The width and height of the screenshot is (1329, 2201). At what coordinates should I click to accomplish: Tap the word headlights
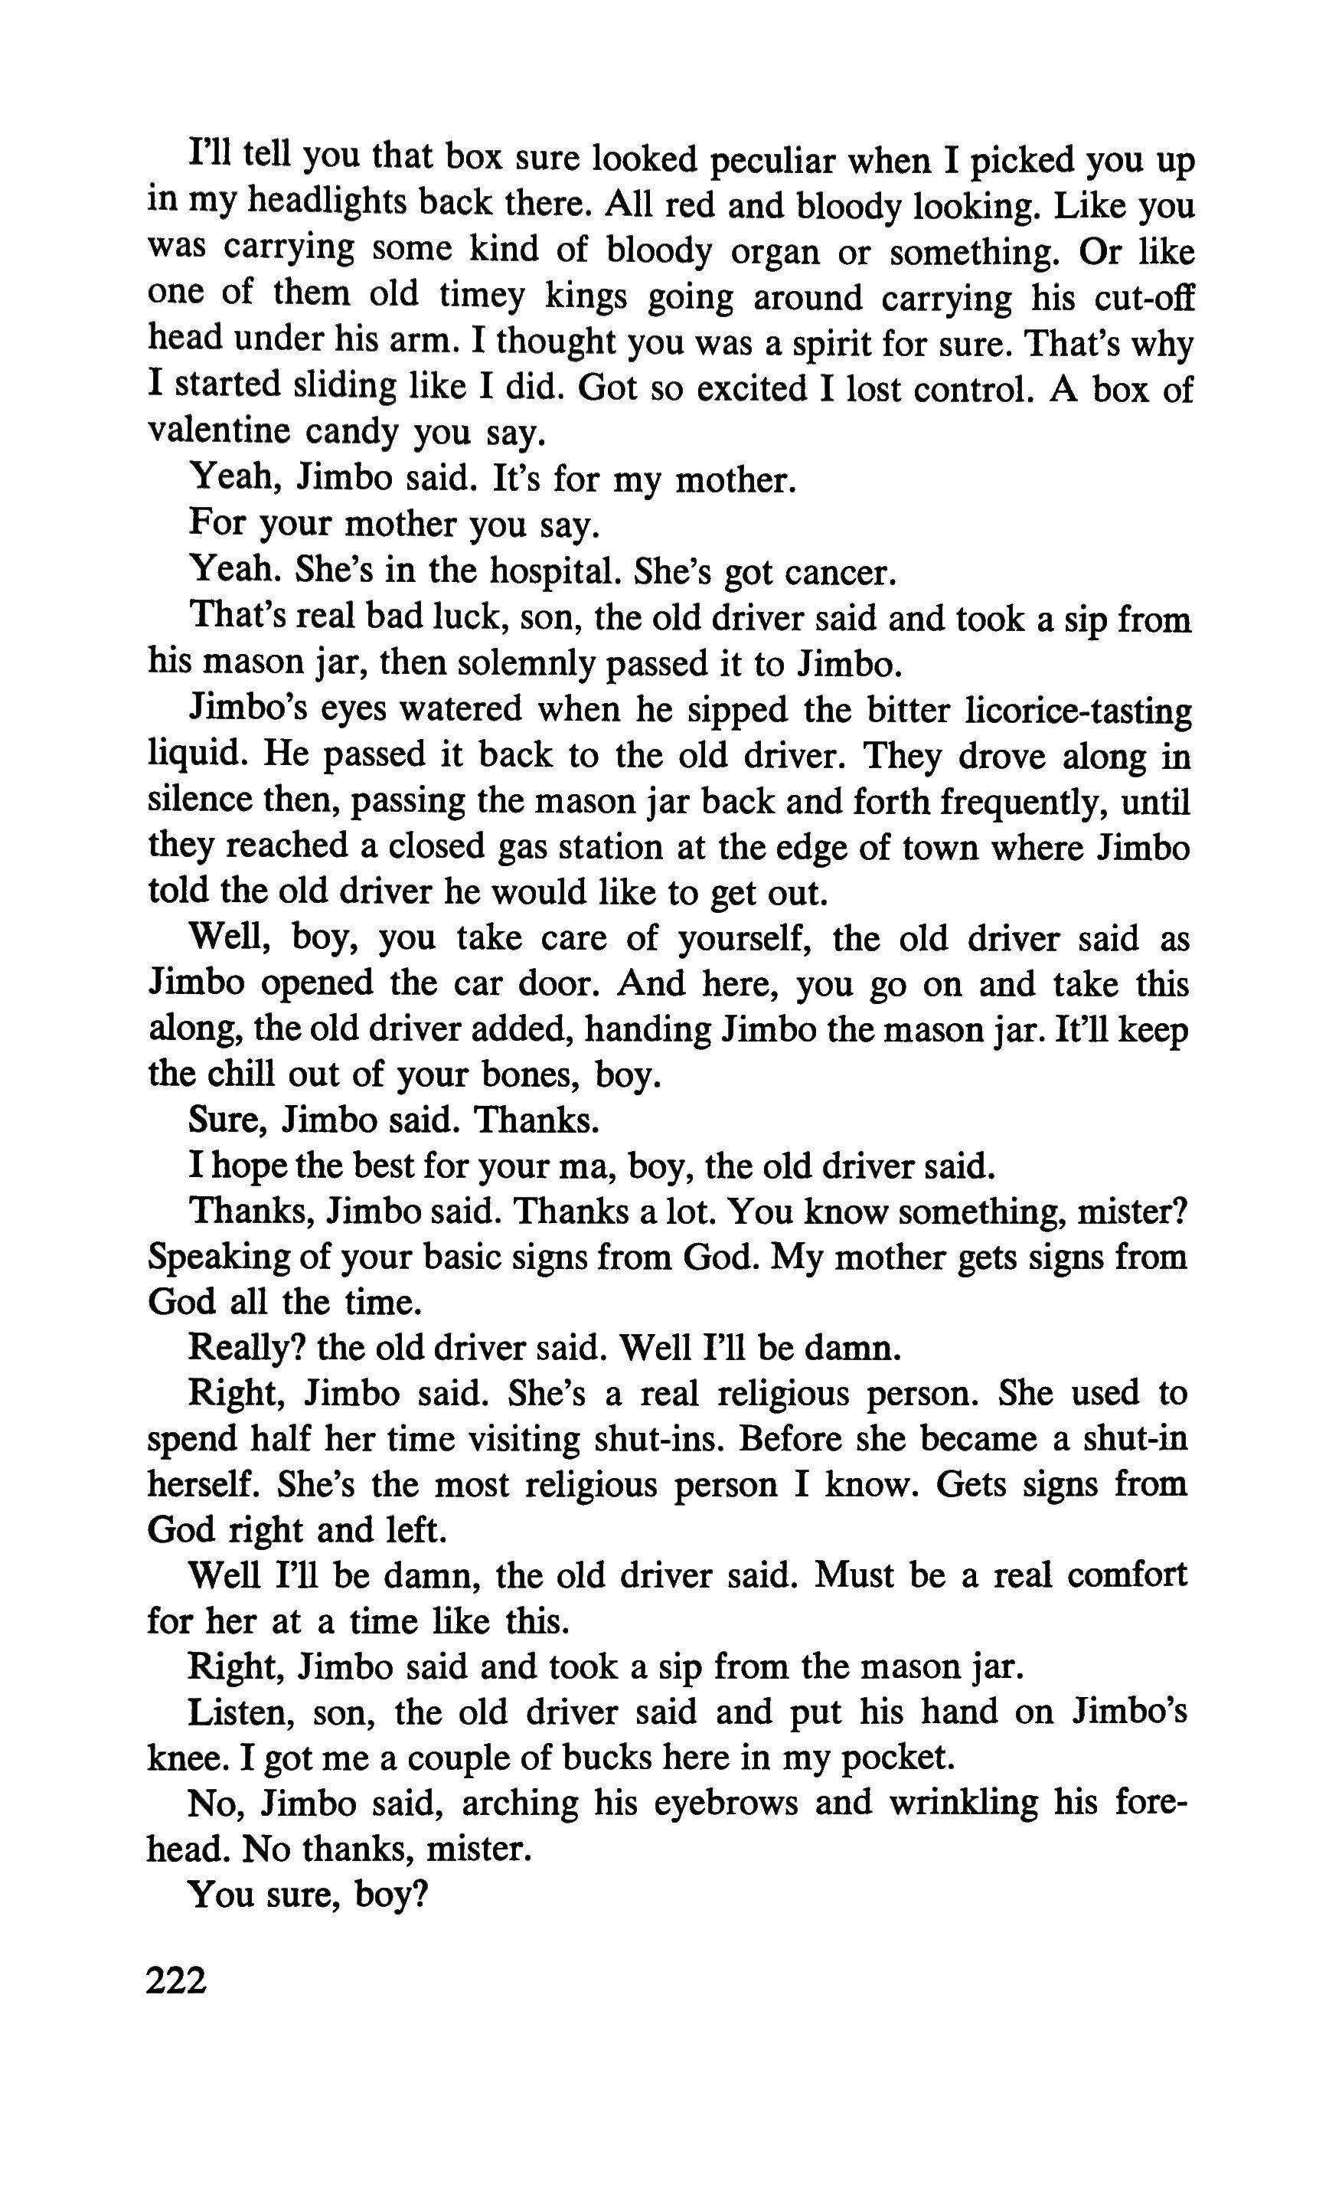(323, 204)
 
